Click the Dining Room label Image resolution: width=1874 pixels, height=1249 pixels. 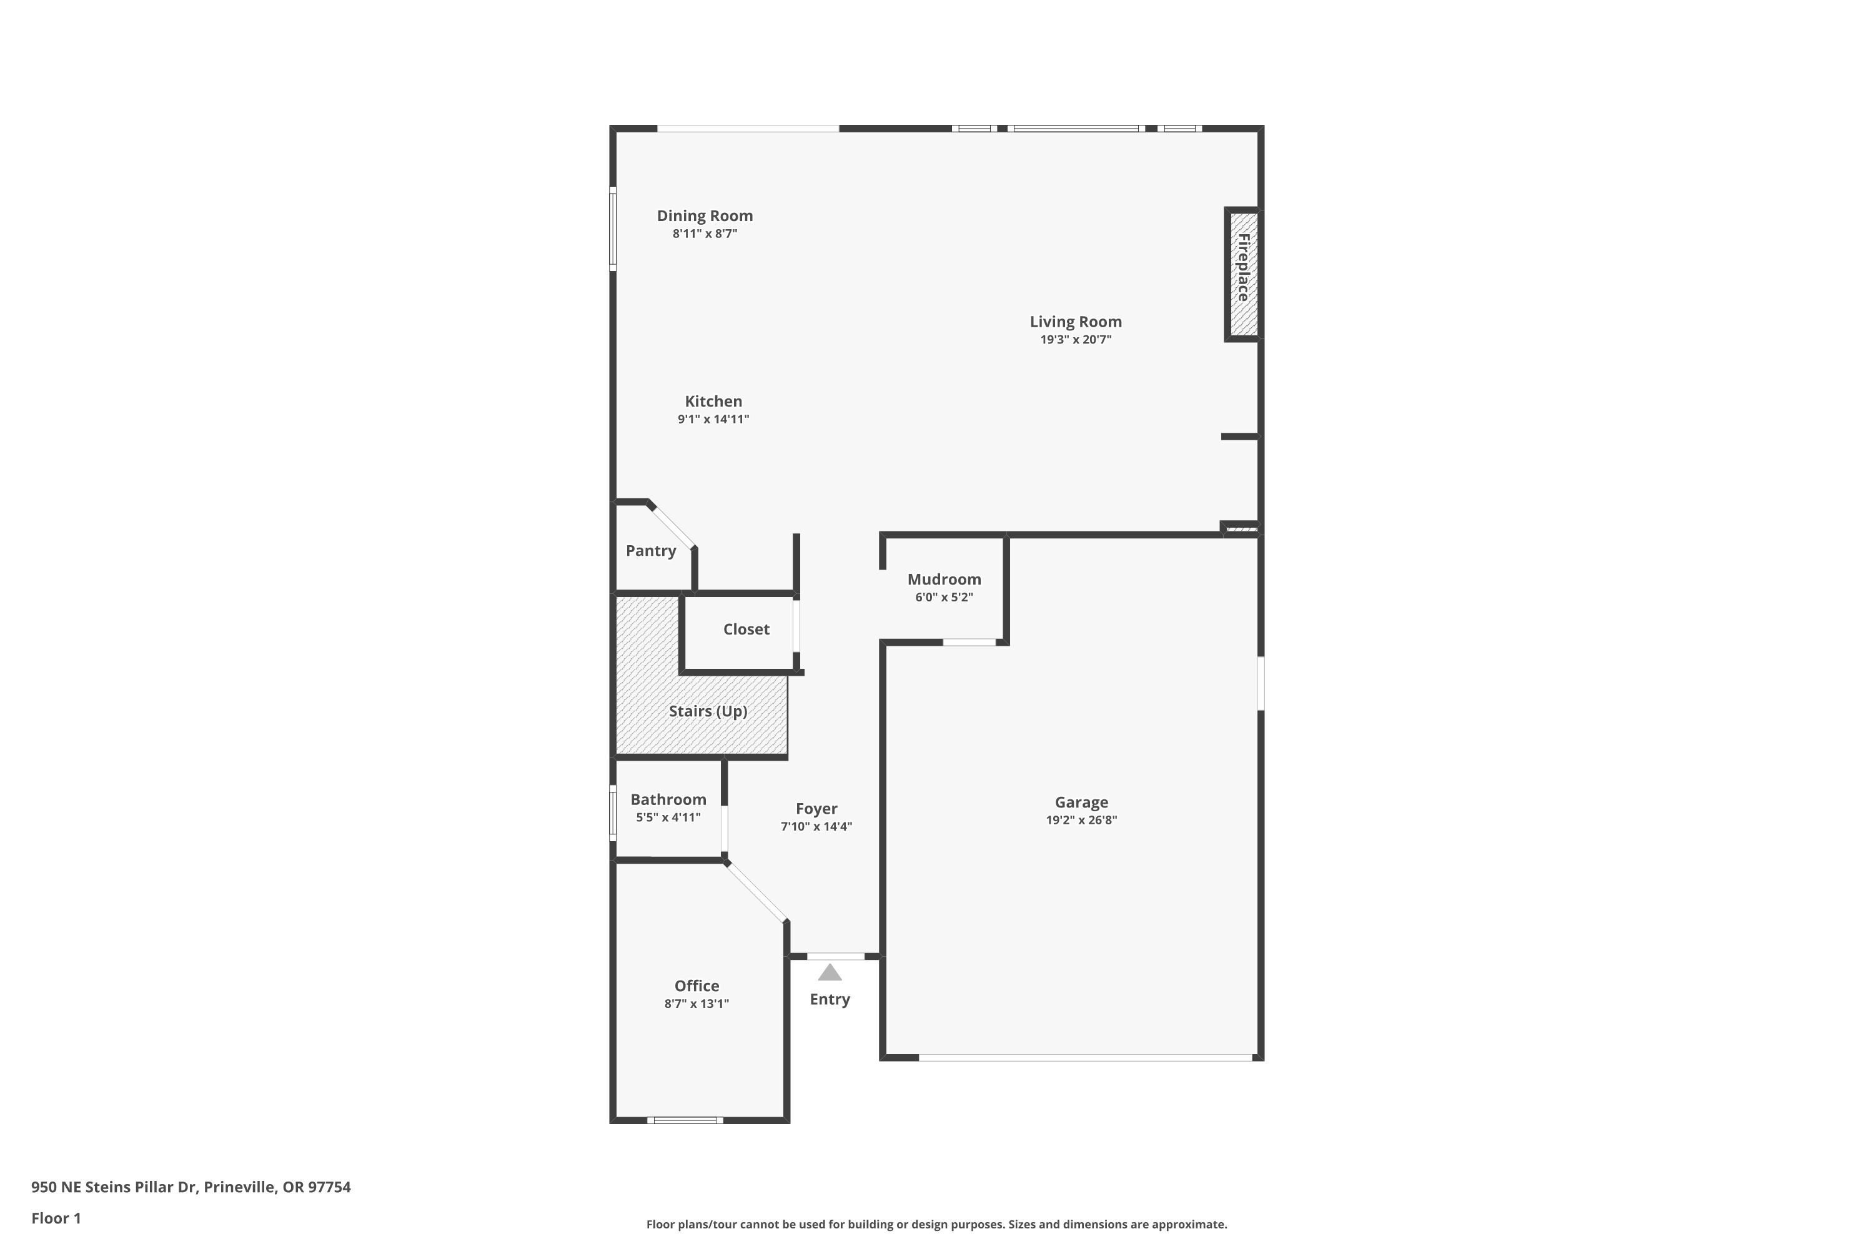(x=705, y=216)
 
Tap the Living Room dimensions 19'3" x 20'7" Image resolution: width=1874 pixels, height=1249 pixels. (x=1076, y=339)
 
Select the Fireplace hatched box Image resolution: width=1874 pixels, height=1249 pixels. (x=1243, y=274)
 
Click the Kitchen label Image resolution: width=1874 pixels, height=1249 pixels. (x=713, y=402)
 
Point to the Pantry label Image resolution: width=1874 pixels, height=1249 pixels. (x=651, y=550)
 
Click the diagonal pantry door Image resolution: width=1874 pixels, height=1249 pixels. (x=673, y=526)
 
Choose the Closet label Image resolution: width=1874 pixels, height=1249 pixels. (x=746, y=629)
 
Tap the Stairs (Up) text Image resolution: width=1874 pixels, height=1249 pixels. (x=708, y=711)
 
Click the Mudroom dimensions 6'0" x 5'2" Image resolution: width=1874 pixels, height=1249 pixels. (x=944, y=598)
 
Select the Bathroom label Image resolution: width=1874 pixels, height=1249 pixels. (x=668, y=800)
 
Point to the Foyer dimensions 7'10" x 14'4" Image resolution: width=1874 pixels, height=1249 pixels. (x=816, y=827)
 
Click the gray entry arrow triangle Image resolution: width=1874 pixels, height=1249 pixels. (x=830, y=972)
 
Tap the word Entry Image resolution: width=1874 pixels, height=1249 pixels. (x=830, y=1000)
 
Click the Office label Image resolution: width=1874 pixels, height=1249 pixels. (x=697, y=986)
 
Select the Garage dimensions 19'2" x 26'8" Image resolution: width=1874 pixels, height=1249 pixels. (x=1081, y=821)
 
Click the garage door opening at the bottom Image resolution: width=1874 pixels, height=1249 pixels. (x=1085, y=1058)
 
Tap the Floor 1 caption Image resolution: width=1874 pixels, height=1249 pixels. (x=56, y=1218)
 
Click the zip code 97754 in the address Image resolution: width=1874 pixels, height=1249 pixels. (x=329, y=1187)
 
